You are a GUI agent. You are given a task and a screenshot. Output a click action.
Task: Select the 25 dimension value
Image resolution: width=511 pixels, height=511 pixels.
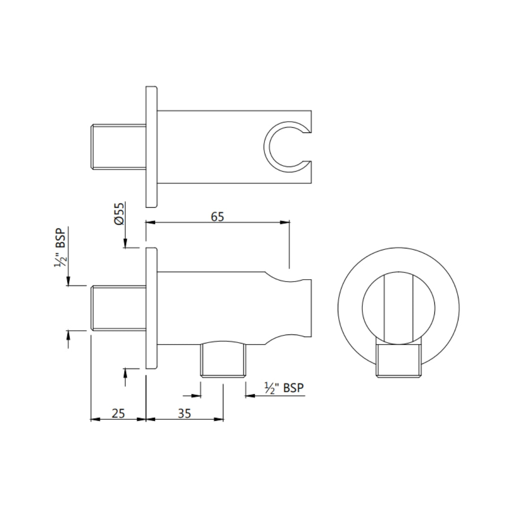pyautogui.click(x=118, y=413)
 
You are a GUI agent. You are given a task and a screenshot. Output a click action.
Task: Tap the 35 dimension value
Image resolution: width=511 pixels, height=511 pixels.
pyautogui.click(x=185, y=413)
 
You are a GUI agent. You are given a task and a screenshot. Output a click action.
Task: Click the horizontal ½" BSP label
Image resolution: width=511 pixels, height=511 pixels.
pyautogui.click(x=284, y=388)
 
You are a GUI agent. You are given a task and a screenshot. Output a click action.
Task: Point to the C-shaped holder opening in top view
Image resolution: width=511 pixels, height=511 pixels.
pyautogui.click(x=284, y=146)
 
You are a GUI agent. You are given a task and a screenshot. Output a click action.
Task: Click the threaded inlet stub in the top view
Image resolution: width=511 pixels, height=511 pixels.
pyautogui.click(x=118, y=146)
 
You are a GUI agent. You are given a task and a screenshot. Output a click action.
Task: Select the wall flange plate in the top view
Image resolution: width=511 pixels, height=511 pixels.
pyautogui.click(x=151, y=146)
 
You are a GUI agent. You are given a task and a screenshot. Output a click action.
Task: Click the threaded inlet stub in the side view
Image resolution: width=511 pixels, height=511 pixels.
pyautogui.click(x=118, y=308)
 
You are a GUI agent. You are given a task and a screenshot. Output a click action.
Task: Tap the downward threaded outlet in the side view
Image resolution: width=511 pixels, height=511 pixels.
pyautogui.click(x=223, y=360)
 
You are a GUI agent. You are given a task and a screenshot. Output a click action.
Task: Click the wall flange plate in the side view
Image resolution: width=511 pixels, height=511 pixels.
pyautogui.click(x=151, y=308)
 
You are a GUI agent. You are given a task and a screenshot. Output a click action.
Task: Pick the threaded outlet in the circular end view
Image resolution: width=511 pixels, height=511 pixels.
pyautogui.click(x=398, y=360)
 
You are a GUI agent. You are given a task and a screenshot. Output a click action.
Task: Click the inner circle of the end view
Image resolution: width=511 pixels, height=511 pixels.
pyautogui.click(x=398, y=308)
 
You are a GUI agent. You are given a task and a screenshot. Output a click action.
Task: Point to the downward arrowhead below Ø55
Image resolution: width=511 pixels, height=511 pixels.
pyautogui.click(x=125, y=244)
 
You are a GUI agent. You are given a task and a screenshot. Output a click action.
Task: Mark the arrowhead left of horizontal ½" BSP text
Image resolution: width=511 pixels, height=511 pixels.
pyautogui.click(x=249, y=396)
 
